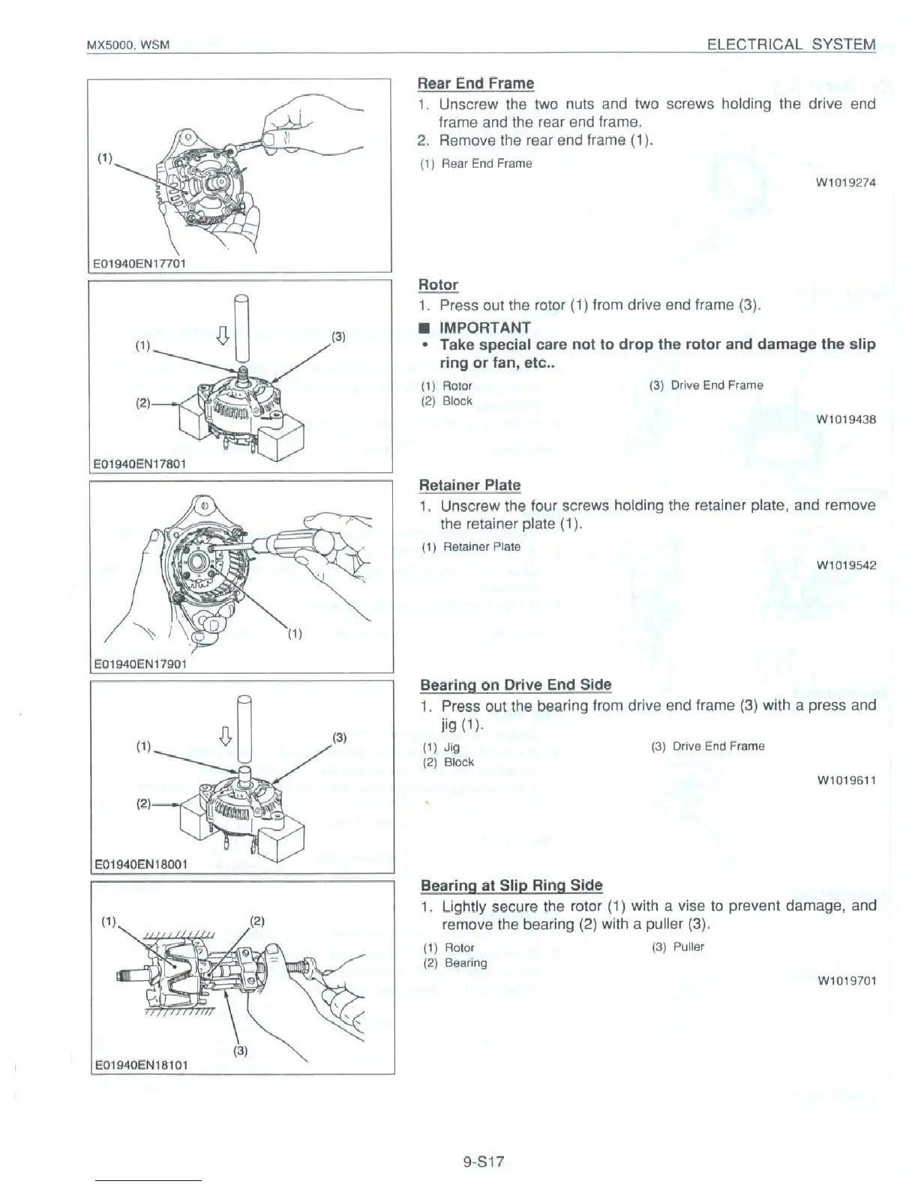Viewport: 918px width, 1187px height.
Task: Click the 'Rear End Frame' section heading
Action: tap(475, 83)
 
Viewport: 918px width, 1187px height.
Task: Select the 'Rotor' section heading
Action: tap(438, 285)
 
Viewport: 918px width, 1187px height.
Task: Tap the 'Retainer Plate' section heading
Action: tap(469, 485)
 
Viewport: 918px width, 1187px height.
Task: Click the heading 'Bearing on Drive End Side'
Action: tap(515, 684)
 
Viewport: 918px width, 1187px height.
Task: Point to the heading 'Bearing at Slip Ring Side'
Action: tap(511, 885)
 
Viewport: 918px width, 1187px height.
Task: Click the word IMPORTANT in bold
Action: tap(484, 327)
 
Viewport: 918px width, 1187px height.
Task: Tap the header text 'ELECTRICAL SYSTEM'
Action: tap(791, 44)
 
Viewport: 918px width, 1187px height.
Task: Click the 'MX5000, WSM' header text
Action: tap(128, 46)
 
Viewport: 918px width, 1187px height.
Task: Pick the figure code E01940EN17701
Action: tap(139, 263)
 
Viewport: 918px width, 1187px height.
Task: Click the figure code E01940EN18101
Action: tap(141, 1064)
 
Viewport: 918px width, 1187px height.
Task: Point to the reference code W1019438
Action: tap(846, 420)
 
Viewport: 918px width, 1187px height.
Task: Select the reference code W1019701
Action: tap(847, 980)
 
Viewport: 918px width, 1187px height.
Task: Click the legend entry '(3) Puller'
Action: tap(678, 946)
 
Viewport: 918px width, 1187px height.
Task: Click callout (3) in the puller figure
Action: tap(241, 1050)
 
